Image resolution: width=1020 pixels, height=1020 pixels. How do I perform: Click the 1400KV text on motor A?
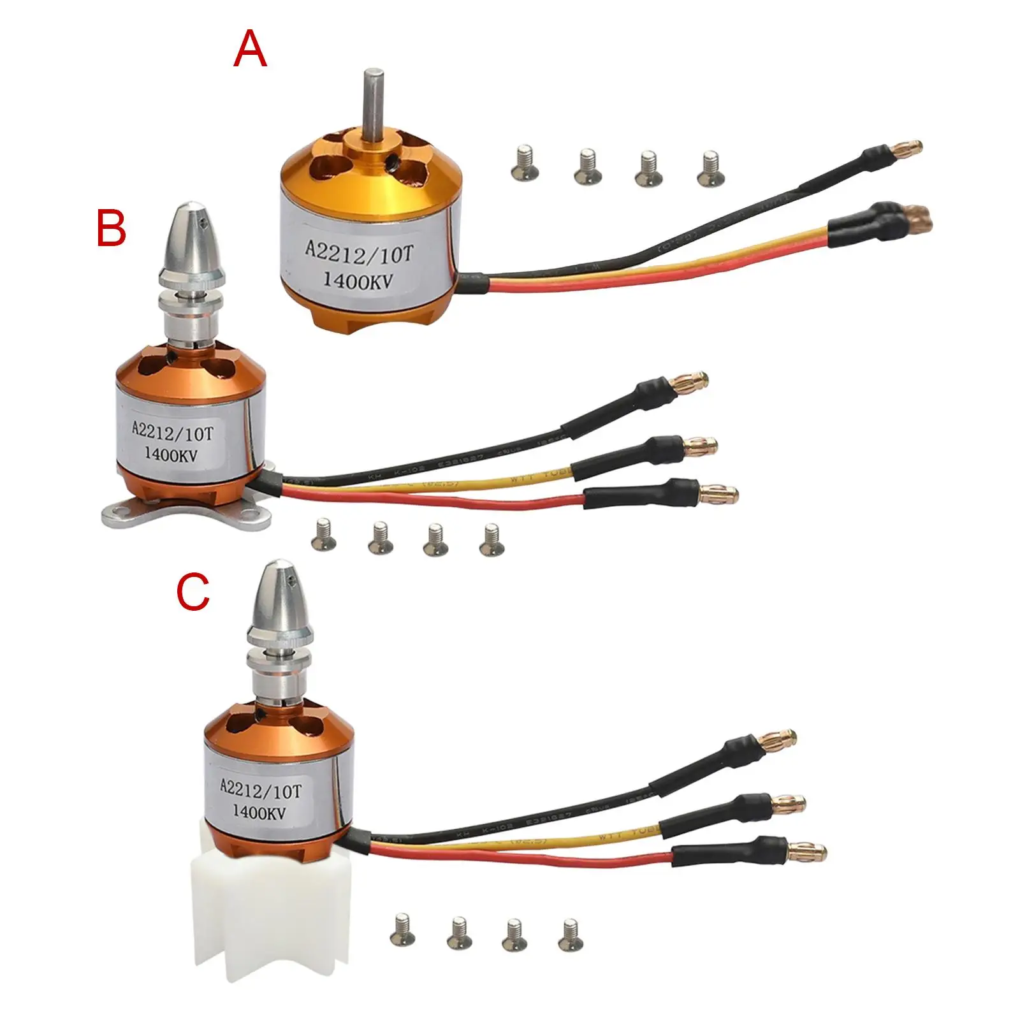click(x=361, y=280)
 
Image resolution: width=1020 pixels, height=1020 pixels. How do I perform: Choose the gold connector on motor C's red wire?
click(x=808, y=850)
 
